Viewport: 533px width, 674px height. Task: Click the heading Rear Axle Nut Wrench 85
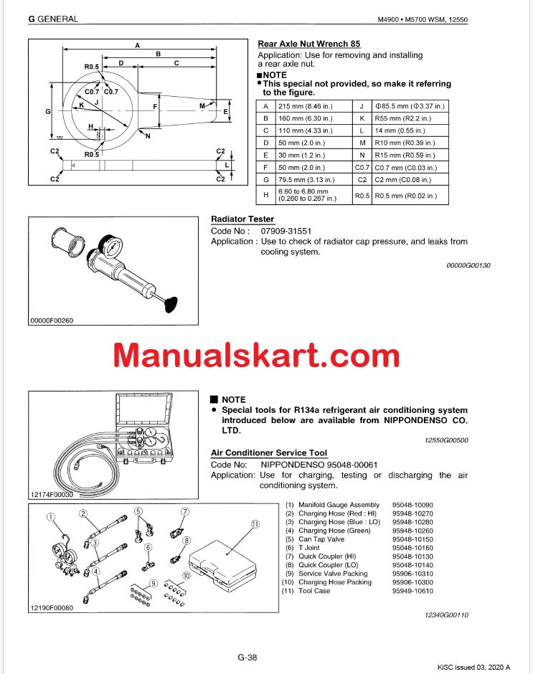(x=308, y=44)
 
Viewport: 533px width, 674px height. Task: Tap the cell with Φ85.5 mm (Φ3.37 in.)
(x=410, y=105)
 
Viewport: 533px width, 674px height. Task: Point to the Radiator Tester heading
(x=242, y=219)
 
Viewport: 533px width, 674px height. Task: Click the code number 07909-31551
(x=281, y=231)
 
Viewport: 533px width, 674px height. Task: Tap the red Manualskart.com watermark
(x=256, y=355)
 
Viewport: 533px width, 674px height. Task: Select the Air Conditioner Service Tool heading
(x=269, y=452)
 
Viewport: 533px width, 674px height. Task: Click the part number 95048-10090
(x=412, y=505)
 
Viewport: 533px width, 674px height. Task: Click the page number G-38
(x=247, y=658)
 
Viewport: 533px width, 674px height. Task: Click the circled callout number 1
(x=50, y=516)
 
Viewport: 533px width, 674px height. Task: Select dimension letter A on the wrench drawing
(x=138, y=45)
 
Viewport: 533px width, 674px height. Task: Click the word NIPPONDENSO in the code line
(x=290, y=464)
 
